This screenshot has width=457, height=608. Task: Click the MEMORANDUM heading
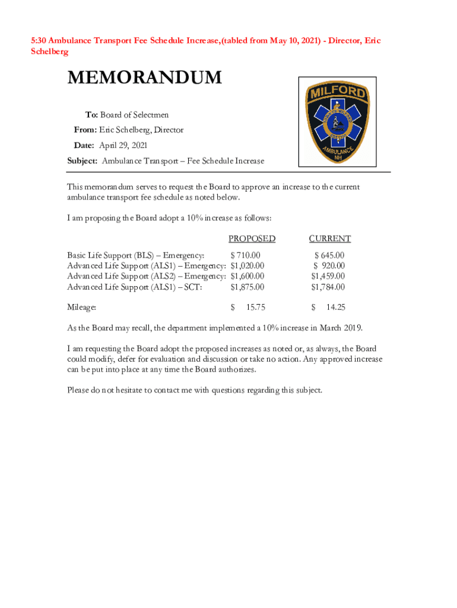coord(144,78)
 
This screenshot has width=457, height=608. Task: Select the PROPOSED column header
coord(252,239)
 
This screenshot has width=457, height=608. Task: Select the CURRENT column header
coord(329,239)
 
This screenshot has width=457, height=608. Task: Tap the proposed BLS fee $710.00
coord(245,255)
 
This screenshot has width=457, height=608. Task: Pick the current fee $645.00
coord(329,255)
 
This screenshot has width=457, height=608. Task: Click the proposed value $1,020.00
coord(247,266)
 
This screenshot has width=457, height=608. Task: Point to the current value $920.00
coord(329,266)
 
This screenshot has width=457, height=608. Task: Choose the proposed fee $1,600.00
coord(247,277)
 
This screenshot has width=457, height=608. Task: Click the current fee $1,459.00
coord(328,277)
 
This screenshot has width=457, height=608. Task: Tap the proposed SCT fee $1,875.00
coord(247,287)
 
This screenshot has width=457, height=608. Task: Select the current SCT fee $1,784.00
coord(328,287)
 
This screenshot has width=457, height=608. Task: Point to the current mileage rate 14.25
coord(336,308)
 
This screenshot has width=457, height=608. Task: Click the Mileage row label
coord(82,308)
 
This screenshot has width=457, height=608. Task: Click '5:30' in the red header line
coord(39,41)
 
